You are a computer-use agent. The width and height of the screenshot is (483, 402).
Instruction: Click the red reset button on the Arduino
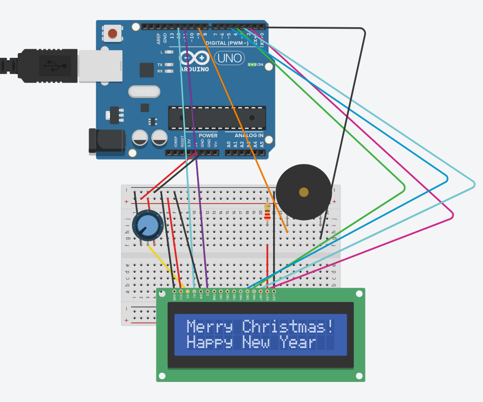pos(112,33)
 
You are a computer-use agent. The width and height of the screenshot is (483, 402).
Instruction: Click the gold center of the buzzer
pos(304,192)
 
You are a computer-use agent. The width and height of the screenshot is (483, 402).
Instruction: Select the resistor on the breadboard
pos(267,212)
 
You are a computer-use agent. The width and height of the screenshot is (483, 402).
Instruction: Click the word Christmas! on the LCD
pos(288,327)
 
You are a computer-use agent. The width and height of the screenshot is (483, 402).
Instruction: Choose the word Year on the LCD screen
pos(298,343)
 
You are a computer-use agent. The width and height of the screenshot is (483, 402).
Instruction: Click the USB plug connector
pos(48,65)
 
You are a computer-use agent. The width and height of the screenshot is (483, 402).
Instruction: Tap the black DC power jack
pos(106,141)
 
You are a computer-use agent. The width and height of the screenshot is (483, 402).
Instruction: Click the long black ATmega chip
pos(217,118)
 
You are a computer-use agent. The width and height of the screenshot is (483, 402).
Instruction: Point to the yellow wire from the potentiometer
pos(165,264)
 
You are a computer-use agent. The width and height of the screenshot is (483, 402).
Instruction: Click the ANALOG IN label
pos(249,135)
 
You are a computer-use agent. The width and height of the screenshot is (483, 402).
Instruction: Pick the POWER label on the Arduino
pos(208,135)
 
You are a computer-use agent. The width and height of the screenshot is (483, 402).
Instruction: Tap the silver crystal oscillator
pos(144,91)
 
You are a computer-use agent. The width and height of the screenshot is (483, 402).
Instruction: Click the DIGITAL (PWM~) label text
pos(227,43)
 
